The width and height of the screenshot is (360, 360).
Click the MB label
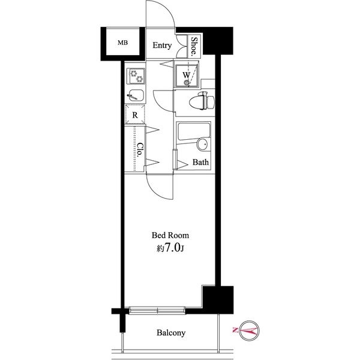pos(122,43)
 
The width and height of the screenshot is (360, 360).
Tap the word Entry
pos(162,45)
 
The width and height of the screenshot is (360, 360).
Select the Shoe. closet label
pos(194,47)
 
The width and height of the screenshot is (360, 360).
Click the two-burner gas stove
pos(136,76)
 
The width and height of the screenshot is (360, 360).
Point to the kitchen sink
pos(136,95)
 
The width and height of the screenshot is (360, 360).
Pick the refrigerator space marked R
pos(135,115)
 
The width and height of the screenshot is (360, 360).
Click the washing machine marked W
pos(187,76)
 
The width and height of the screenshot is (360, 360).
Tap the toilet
pos(202,100)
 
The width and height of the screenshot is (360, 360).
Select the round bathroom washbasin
pos(203,144)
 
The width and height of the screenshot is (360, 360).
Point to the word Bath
pos(200,162)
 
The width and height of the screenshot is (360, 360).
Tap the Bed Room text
pos(170,235)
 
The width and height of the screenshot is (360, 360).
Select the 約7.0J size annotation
pos(170,248)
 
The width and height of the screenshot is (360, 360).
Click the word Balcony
pos(171,332)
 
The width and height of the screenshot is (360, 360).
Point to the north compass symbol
pos(248,330)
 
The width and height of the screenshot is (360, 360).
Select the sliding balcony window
pos(157,311)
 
